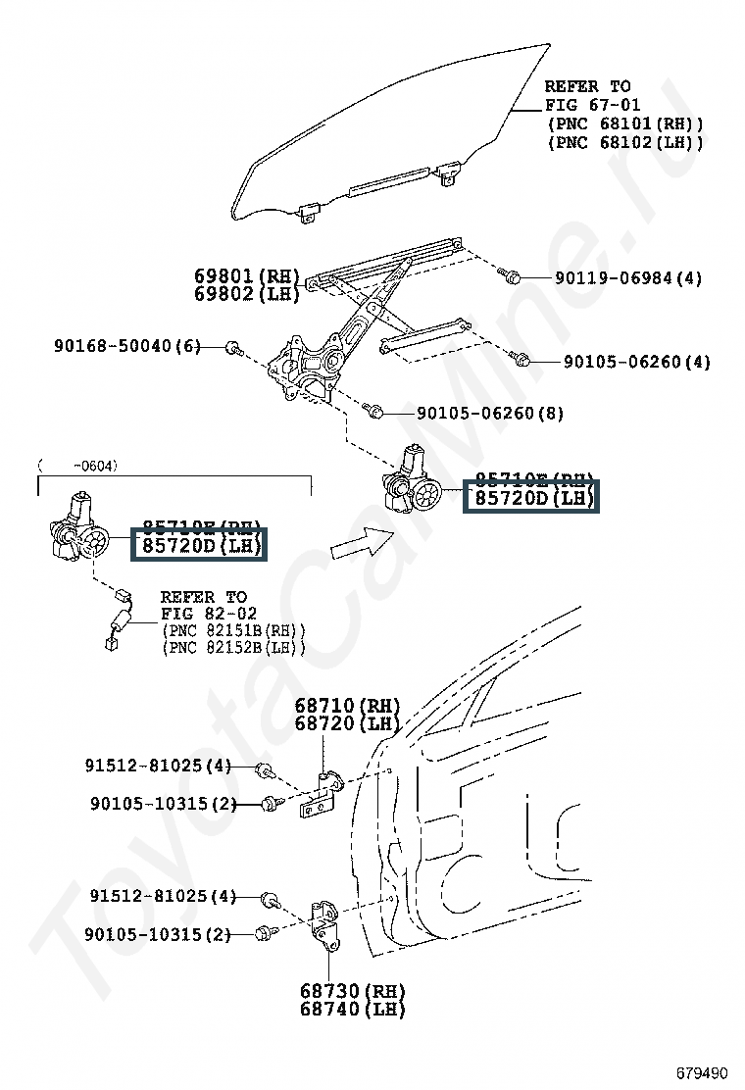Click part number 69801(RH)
click(246, 276)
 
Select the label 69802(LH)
click(246, 293)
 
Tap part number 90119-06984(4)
click(628, 278)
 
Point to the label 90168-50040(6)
click(127, 346)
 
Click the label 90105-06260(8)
click(490, 414)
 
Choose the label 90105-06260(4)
click(637, 362)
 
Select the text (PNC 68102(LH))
click(624, 142)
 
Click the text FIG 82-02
click(204, 614)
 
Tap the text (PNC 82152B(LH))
click(233, 648)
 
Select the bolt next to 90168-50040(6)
click(232, 347)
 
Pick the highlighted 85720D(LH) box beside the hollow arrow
click(529, 498)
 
